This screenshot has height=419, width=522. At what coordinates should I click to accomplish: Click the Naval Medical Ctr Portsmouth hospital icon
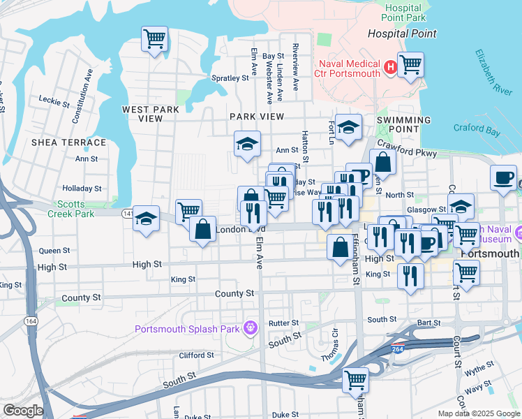coord(390,68)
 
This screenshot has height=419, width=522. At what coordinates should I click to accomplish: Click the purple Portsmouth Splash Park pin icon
coord(250,328)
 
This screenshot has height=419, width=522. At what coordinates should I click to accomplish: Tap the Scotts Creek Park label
coord(71,209)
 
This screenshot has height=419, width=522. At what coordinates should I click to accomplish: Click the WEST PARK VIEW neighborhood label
coord(151,114)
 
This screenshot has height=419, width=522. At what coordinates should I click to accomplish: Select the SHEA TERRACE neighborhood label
coord(68,142)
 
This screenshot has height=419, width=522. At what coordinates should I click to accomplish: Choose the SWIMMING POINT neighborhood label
coord(404,124)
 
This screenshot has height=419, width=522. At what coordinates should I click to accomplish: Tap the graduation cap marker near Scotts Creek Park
coord(146,219)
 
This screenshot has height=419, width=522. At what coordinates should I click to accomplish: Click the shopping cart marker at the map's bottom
coord(355,380)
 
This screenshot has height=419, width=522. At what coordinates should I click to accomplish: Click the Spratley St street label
coord(230,78)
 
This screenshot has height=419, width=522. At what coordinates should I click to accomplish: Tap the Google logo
coord(23,411)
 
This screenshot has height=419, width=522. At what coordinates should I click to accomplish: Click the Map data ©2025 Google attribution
coord(478,413)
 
